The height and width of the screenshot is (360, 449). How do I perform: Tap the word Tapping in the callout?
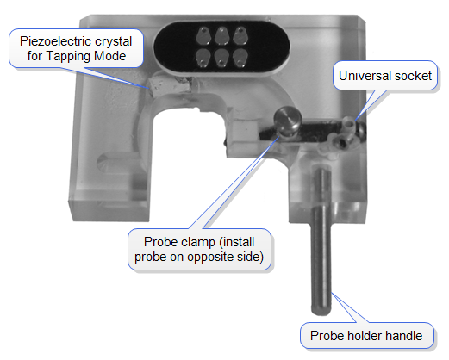[69, 56]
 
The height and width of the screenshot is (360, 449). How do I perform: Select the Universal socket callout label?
[385, 76]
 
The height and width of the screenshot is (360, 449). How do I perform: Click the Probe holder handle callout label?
[366, 336]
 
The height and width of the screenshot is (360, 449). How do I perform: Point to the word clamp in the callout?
[199, 242]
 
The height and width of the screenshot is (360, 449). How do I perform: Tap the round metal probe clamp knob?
[287, 121]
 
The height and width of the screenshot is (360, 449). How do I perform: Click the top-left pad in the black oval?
[203, 36]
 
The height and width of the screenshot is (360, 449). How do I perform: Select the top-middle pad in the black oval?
[221, 35]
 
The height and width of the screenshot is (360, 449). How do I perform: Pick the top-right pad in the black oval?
[240, 35]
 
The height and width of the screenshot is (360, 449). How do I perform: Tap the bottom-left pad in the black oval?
[203, 58]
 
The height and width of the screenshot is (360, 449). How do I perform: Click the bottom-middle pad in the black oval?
[221, 58]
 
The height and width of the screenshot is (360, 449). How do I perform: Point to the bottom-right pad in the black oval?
[240, 58]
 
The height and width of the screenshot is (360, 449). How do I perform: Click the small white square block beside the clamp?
[246, 131]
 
